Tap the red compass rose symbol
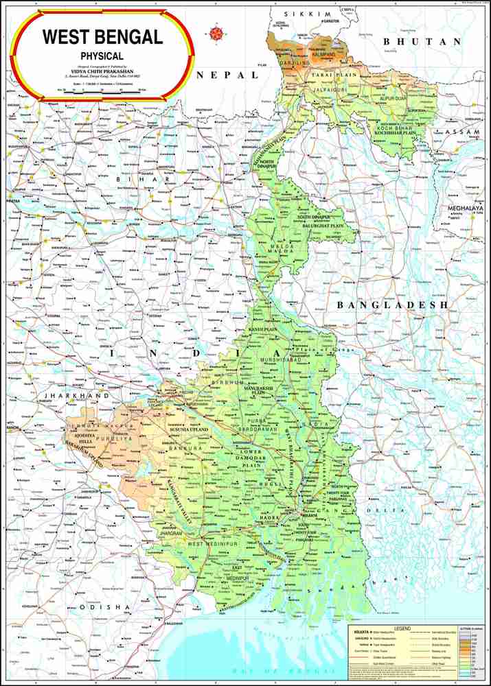point(218,31)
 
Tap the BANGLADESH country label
point(392,304)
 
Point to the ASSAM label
point(462,131)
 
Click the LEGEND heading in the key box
point(402,628)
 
